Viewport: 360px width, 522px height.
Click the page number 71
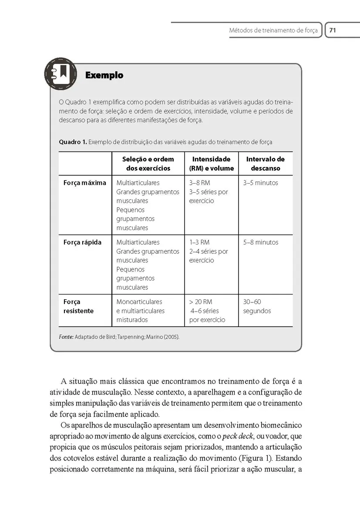coord(333,30)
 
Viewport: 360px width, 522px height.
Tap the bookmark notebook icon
coord(61,74)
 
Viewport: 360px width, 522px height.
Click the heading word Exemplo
coord(104,75)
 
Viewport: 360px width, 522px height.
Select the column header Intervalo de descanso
coord(265,164)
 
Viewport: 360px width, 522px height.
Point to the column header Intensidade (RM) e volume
coord(211,164)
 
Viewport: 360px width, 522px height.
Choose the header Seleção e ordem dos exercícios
coord(148,164)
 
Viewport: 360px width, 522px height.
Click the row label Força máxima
coord(85,183)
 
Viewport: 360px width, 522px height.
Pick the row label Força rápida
coord(82,242)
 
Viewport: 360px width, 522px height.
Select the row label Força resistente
coord(78,306)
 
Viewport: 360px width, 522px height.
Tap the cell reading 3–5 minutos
coord(260,183)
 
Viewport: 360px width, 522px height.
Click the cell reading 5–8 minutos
coord(260,242)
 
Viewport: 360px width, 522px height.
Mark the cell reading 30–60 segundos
coord(257,306)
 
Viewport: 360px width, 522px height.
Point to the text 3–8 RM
coord(199,183)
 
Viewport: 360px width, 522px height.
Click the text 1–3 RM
coord(199,242)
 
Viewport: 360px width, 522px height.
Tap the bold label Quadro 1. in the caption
coord(73,142)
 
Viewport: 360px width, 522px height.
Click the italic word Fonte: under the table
coord(66,337)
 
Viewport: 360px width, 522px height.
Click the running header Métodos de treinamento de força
coord(273,30)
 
